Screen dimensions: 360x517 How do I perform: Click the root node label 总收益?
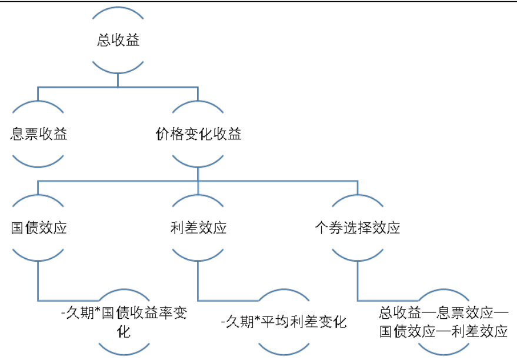point(118,41)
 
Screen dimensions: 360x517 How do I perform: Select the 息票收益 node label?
point(39,134)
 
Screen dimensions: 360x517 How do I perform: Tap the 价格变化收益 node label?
point(198,134)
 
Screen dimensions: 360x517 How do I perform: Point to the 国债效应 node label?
point(39,228)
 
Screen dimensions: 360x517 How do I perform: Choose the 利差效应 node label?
point(198,228)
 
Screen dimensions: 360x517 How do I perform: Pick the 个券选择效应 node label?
point(358,228)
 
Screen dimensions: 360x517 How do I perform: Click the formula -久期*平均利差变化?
point(283,322)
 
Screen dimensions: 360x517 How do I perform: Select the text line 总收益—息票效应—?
point(443,312)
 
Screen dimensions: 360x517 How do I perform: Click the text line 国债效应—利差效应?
point(443,331)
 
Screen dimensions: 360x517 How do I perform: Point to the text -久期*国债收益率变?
point(124,312)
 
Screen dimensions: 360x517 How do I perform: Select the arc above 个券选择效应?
point(358,201)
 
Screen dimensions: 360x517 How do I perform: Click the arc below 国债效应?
point(39,255)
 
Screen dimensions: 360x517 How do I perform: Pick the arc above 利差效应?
point(198,201)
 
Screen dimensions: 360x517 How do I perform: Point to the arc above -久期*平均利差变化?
point(283,294)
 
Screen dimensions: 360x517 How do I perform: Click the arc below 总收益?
point(118,68)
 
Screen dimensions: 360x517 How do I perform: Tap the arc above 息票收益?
point(39,107)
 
